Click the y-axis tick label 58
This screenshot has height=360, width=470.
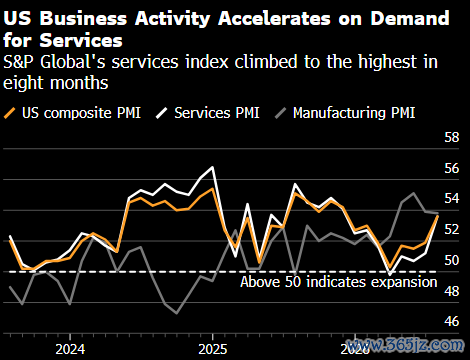pos(452,137)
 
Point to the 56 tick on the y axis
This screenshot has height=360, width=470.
pos(452,168)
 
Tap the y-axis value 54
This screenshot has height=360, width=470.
pos(452,198)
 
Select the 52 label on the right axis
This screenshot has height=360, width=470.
pos(452,229)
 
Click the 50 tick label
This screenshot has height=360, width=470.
pos(452,260)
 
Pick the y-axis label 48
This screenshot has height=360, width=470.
pos(452,291)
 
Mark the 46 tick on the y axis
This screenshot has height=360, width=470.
pos(452,321)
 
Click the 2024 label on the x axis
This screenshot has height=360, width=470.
pos(70,349)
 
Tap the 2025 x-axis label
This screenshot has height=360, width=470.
pos(213,349)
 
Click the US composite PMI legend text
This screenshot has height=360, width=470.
pos(81,113)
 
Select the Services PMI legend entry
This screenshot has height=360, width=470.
pos(217,113)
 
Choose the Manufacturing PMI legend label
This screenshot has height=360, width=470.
pos(354,113)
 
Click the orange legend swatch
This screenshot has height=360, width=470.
pos(9,113)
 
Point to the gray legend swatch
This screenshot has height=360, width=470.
pos(280,113)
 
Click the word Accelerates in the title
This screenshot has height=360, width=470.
pos(274,18)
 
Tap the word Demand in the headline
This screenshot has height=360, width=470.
pos(410,18)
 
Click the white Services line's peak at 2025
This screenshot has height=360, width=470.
pos(213,167)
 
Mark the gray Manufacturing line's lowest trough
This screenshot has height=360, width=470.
pos(176,313)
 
